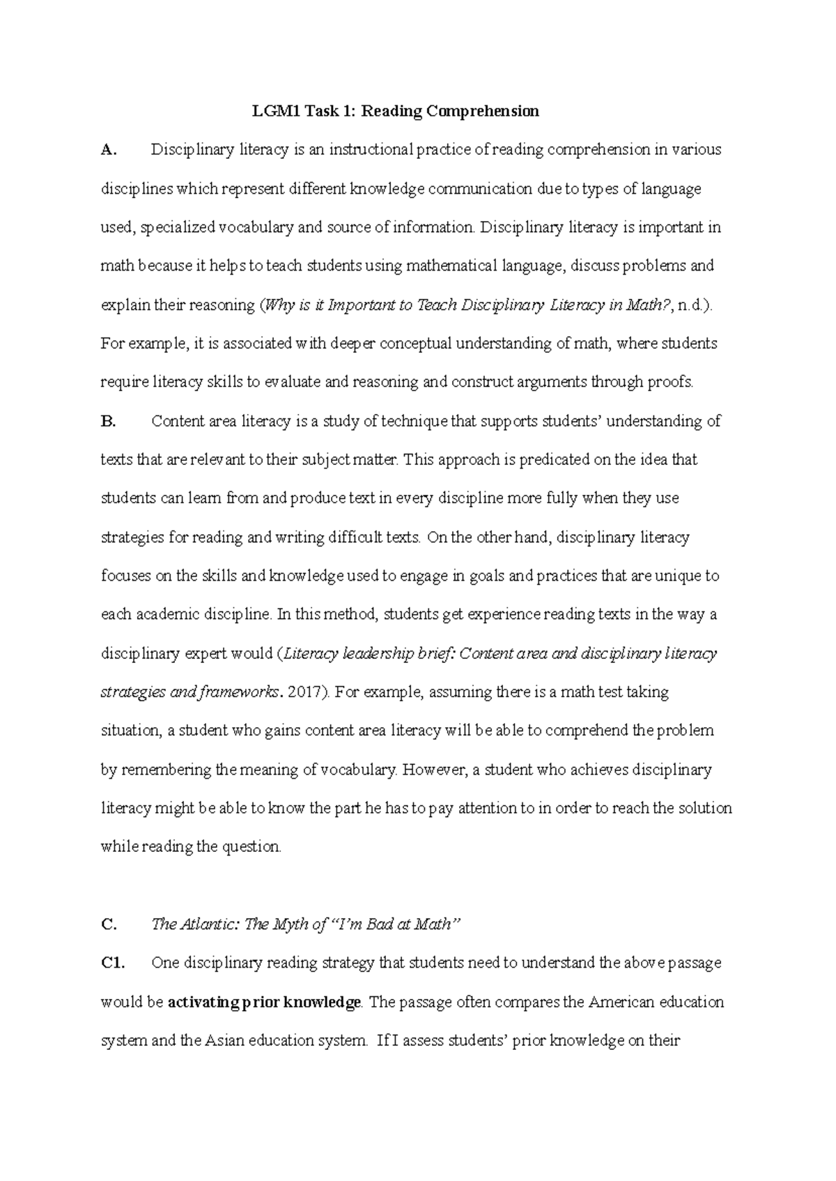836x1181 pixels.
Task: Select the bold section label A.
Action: (x=107, y=150)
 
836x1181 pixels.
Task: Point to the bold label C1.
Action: (x=111, y=963)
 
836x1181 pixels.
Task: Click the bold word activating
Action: (x=202, y=1003)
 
